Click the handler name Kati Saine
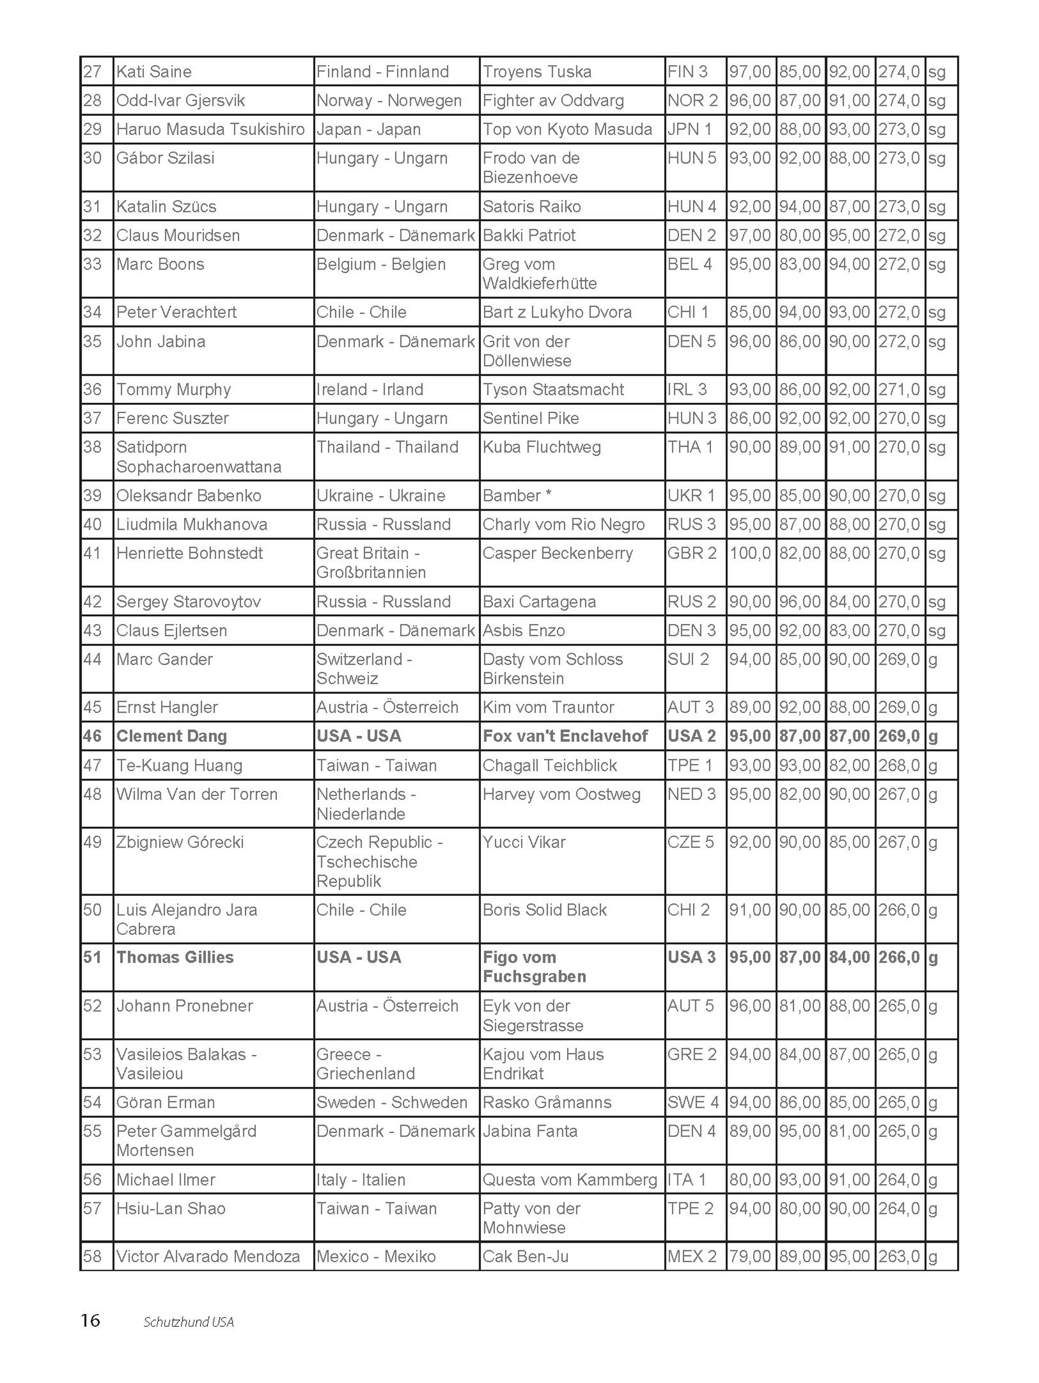point(154,72)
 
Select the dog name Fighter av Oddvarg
point(553,101)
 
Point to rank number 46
point(93,736)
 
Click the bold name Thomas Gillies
point(175,957)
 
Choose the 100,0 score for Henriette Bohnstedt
point(750,553)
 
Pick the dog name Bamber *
point(517,496)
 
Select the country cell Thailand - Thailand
point(387,447)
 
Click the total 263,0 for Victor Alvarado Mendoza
point(899,1256)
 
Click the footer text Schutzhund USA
point(189,1322)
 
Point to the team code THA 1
point(690,447)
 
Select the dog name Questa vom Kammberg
point(569,1180)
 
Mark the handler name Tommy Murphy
point(173,389)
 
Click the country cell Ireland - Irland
point(370,389)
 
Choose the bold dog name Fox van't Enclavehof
point(565,736)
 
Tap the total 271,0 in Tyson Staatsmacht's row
point(899,389)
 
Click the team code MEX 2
point(692,1256)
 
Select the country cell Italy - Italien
point(361,1180)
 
